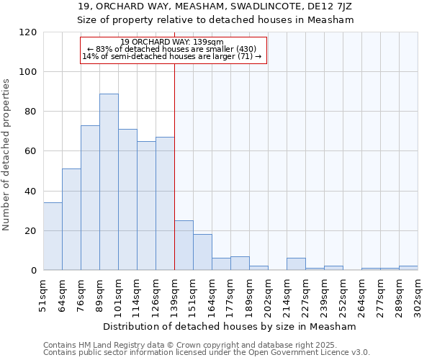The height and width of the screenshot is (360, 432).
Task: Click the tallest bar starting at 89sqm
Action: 109,182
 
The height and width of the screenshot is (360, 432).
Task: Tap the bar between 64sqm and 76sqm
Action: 71,220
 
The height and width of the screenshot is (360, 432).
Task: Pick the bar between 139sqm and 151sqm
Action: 184,246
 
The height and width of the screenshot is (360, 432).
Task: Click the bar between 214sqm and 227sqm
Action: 296,264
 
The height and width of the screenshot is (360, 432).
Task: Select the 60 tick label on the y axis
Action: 30,151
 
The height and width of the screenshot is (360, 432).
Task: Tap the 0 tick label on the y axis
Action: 33,271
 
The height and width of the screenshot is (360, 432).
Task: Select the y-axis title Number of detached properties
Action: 6,155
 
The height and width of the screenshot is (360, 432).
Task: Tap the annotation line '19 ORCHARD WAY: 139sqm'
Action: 172,42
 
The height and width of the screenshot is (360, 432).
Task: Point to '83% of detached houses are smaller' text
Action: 172,49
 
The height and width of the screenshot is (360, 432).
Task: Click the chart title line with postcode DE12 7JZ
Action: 216,6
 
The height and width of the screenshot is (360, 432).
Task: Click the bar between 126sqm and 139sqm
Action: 165,204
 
